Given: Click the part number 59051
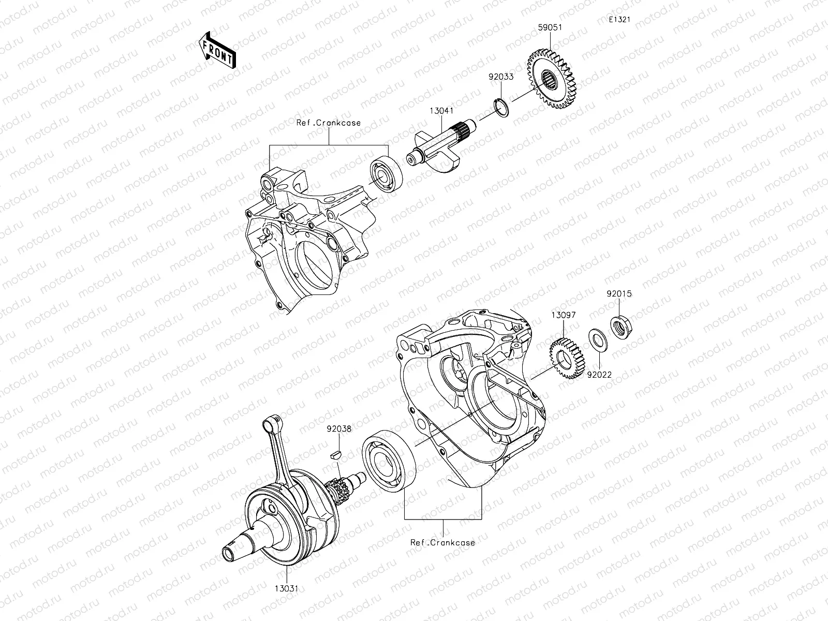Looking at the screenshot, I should pyautogui.click(x=550, y=27).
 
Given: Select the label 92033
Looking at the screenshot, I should pyautogui.click(x=501, y=77).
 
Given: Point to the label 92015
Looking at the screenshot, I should pyautogui.click(x=619, y=293).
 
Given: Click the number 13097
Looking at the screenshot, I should pyautogui.click(x=563, y=315).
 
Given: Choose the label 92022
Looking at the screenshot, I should pyautogui.click(x=599, y=374).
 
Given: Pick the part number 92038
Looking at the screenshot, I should pyautogui.click(x=339, y=428).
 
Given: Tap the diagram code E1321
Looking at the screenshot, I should pyautogui.click(x=619, y=20).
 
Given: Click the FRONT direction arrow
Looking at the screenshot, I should pyautogui.click(x=217, y=50).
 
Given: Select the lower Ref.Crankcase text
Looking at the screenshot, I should pyautogui.click(x=442, y=543).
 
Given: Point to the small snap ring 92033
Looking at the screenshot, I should pyautogui.click(x=499, y=103).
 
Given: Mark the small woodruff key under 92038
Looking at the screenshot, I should pyautogui.click(x=337, y=455).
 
